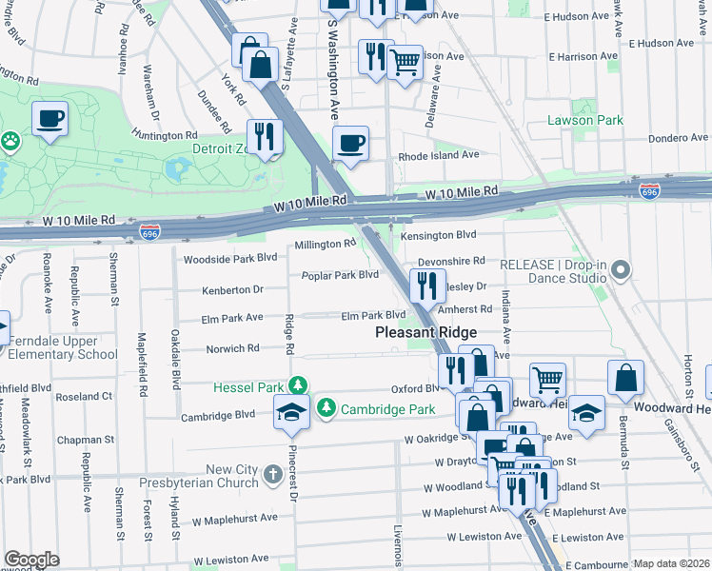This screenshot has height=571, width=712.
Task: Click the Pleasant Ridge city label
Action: pyautogui.click(x=425, y=333)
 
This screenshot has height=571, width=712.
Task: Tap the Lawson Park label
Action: pyautogui.click(x=584, y=121)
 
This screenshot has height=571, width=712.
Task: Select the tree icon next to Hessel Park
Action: pyautogui.click(x=299, y=385)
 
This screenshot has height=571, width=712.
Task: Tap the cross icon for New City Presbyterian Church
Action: pyautogui.click(x=272, y=474)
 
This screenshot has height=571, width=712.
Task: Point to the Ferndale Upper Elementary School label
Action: pyautogui.click(x=59, y=347)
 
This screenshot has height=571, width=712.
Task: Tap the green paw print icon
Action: pyautogui.click(x=10, y=140)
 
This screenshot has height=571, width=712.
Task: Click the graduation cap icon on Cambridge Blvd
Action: pyautogui.click(x=290, y=411)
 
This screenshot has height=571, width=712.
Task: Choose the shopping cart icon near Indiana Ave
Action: pyautogui.click(x=547, y=380)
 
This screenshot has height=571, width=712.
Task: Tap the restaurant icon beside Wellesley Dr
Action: pyautogui.click(x=426, y=285)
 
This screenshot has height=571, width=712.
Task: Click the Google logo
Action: pyautogui.click(x=31, y=560)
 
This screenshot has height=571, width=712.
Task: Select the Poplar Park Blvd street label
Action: pyautogui.click(x=340, y=275)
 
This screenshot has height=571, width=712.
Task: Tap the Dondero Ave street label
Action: pyautogui.click(x=679, y=138)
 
